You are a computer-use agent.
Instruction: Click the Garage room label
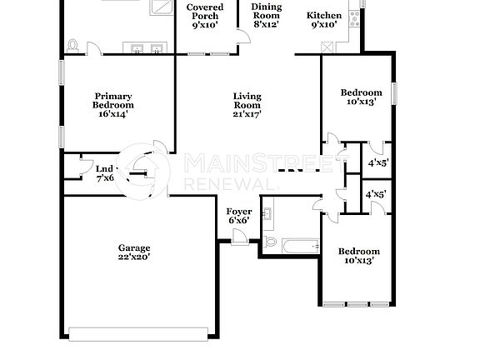(x=133, y=248)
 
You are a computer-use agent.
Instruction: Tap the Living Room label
(x=247, y=96)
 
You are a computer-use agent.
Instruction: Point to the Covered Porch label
(x=204, y=11)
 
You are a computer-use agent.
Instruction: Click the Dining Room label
(x=267, y=10)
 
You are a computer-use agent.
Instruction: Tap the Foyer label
(x=239, y=212)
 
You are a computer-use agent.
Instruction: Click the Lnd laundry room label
(x=103, y=169)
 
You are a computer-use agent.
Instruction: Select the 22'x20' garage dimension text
(x=133, y=258)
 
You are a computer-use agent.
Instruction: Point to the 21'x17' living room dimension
(x=247, y=115)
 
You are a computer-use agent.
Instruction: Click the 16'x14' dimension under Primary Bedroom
(x=113, y=115)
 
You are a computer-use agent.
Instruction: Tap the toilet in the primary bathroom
(x=74, y=45)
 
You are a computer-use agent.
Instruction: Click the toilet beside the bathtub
(x=269, y=242)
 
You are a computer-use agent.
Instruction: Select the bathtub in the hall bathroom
(x=301, y=245)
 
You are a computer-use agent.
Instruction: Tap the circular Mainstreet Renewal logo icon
(x=147, y=167)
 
